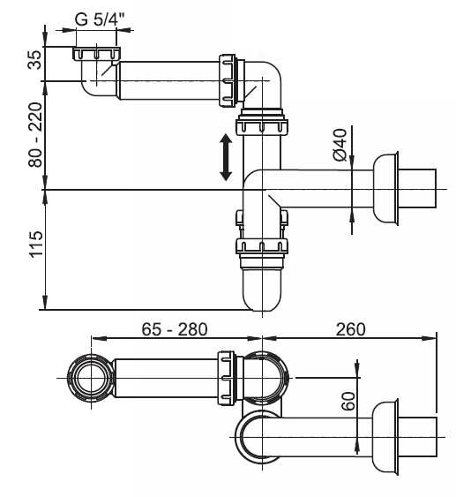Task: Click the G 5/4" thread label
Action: click(100, 20)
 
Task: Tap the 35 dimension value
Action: click(34, 60)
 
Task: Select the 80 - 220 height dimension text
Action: click(34, 135)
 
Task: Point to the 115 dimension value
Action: click(36, 244)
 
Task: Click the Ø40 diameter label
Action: click(340, 145)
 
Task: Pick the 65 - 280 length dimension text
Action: click(175, 329)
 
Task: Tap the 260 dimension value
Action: click(350, 329)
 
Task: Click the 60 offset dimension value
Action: click(348, 402)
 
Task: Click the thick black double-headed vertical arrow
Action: click(226, 157)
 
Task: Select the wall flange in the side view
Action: click(385, 189)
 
